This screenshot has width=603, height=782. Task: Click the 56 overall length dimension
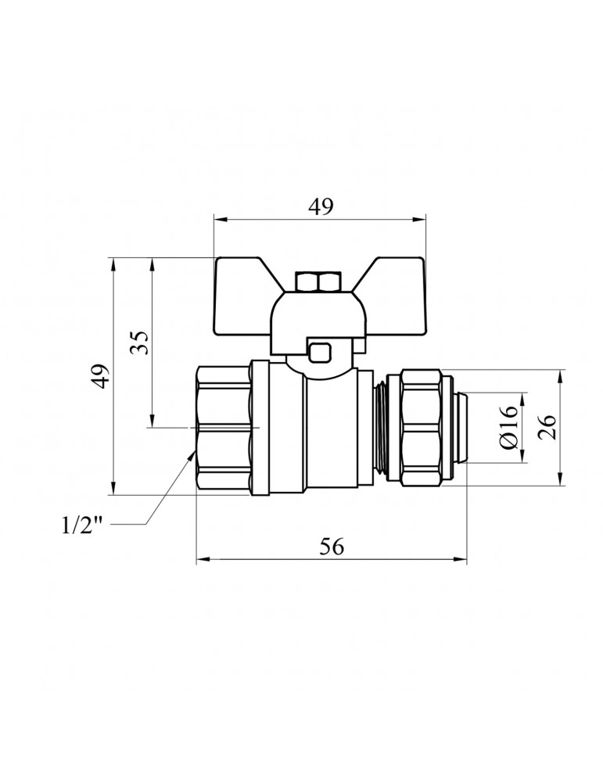[332, 547]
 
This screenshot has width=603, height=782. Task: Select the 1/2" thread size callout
[83, 526]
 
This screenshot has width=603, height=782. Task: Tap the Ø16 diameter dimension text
[508, 427]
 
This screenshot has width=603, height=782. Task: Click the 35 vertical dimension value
[138, 342]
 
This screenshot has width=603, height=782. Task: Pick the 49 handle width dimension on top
[321, 206]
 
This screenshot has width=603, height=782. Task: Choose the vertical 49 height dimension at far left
[99, 376]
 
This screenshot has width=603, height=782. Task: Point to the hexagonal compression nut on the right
[425, 427]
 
